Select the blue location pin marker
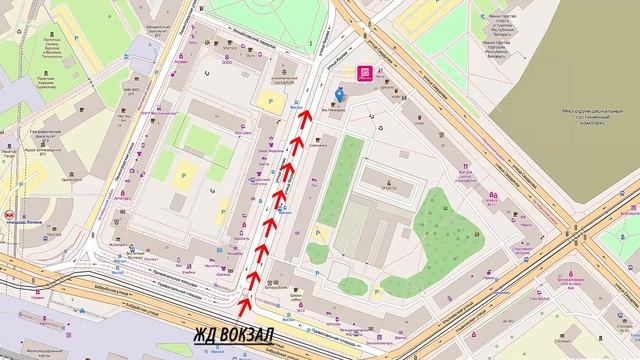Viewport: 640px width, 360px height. click(339, 95)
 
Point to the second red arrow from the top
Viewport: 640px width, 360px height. click(295, 147)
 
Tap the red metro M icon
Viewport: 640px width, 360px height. click(9, 214)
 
